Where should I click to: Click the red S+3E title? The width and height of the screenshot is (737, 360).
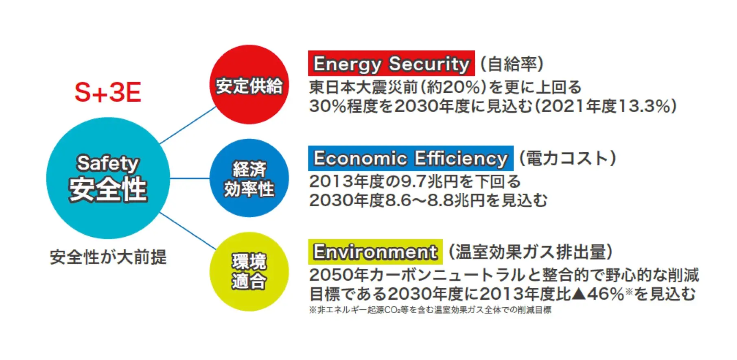(x=108, y=92)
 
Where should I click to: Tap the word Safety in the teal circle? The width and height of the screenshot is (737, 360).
(x=108, y=164)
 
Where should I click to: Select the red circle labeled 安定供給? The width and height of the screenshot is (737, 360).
(x=249, y=85)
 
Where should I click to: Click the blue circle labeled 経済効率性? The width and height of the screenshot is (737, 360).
(x=249, y=179)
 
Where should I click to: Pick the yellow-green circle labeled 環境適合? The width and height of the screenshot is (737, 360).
(x=249, y=272)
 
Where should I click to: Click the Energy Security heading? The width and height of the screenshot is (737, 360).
(x=391, y=63)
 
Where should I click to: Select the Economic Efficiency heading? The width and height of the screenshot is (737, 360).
(x=411, y=158)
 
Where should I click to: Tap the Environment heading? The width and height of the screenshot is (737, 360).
(x=375, y=252)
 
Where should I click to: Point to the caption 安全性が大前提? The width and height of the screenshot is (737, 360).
(x=108, y=257)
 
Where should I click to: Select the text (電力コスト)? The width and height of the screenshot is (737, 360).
(x=567, y=158)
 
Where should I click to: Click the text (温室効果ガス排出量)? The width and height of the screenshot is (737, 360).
(x=530, y=252)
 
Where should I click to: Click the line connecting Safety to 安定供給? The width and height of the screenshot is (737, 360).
(x=188, y=125)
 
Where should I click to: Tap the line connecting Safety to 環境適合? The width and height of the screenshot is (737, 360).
(x=188, y=231)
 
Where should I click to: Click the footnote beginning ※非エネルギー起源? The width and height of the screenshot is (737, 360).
(x=430, y=310)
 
